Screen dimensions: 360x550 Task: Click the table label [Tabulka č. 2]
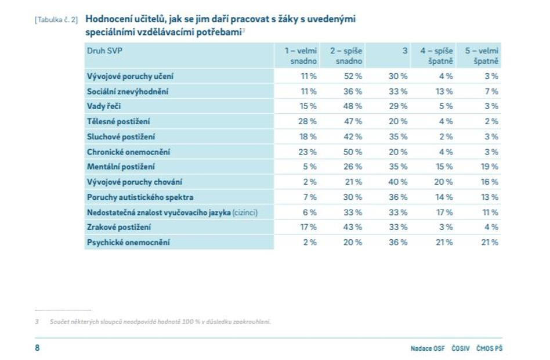click(x=56, y=20)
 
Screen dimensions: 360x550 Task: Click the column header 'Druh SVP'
click(x=105, y=51)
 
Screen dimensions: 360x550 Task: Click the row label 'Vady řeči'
click(x=104, y=106)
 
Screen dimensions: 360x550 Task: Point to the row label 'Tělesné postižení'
click(x=118, y=121)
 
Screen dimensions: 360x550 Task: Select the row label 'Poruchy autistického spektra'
click(x=140, y=197)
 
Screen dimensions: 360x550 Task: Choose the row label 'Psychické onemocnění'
click(x=128, y=242)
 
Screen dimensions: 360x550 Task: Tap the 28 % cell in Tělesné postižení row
click(x=308, y=121)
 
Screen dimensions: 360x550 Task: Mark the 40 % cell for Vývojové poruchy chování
click(x=398, y=182)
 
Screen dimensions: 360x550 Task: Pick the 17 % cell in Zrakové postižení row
click(x=308, y=227)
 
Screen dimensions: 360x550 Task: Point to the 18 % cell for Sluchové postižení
click(x=308, y=136)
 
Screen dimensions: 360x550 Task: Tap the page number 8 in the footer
click(x=37, y=348)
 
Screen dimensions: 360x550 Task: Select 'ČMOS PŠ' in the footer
click(x=489, y=348)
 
